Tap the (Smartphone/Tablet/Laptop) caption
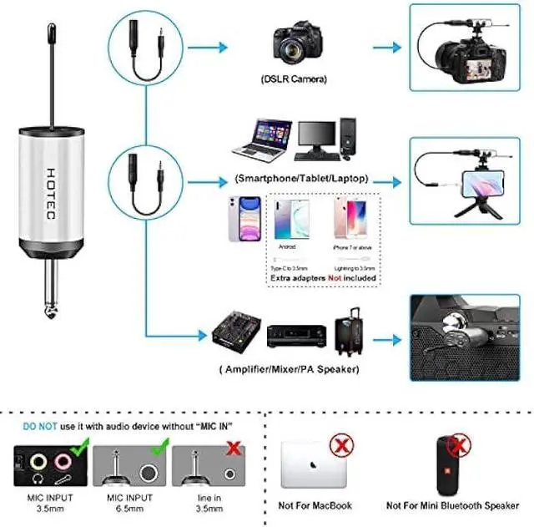coord(301,178)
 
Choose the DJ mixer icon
coord(237,332)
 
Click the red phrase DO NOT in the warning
coord(39,426)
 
